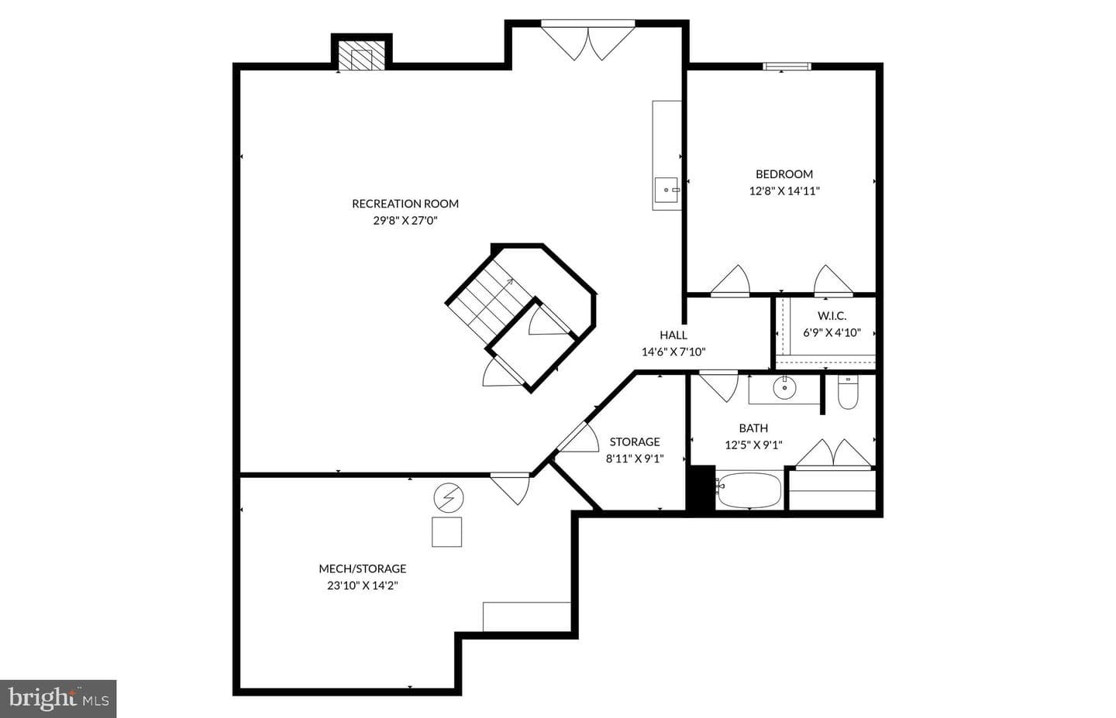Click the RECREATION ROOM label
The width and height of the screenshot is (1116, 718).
click(405, 204)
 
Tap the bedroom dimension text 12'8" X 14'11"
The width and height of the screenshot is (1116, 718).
click(784, 191)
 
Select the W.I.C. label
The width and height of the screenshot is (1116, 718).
click(832, 316)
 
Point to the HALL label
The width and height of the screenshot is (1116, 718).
click(673, 335)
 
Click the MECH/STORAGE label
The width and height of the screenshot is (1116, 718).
click(362, 569)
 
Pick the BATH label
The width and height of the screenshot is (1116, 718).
click(753, 428)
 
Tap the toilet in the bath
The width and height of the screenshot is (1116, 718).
click(848, 392)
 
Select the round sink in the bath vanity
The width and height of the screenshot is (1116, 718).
click(784, 387)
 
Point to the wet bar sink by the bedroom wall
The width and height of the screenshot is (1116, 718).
click(666, 190)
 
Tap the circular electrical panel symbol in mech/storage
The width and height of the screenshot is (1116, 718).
click(449, 498)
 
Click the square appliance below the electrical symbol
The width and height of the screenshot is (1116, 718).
click(446, 532)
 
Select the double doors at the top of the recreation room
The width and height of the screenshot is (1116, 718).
click(588, 42)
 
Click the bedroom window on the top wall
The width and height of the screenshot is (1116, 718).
click(787, 67)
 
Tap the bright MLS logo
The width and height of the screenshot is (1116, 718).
click(58, 699)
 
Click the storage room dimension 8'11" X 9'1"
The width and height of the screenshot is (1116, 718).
click(635, 459)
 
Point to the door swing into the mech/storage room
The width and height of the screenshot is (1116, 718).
click(510, 489)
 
